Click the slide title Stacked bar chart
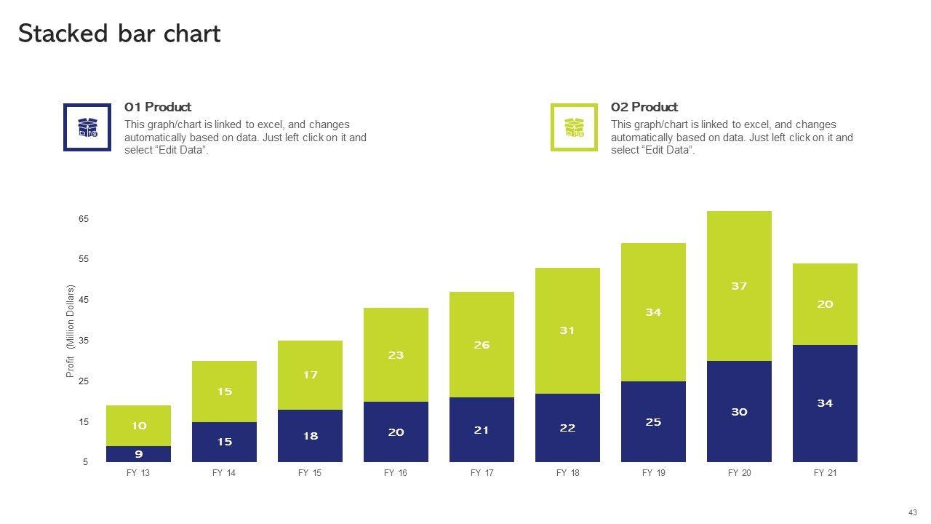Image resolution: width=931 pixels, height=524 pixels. pyautogui.click(x=119, y=34)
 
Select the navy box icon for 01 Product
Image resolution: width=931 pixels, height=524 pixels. pyautogui.click(x=87, y=127)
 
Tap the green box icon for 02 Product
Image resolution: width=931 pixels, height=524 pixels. pyautogui.click(x=574, y=127)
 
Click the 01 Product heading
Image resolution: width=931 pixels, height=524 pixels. pyautogui.click(x=158, y=107)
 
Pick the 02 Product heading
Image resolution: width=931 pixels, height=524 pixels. pyautogui.click(x=644, y=107)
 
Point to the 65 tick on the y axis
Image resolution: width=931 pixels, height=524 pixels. pyautogui.click(x=84, y=219)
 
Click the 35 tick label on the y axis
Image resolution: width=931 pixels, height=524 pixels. pyautogui.click(x=84, y=341)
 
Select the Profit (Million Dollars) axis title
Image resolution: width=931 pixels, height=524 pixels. pyautogui.click(x=71, y=331)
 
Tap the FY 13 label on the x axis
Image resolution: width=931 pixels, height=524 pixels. pyautogui.click(x=138, y=473)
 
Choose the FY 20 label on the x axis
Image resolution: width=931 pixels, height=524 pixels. pyautogui.click(x=739, y=473)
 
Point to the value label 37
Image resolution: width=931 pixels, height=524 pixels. pyautogui.click(x=739, y=286)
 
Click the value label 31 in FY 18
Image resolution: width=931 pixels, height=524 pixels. pyautogui.click(x=567, y=330)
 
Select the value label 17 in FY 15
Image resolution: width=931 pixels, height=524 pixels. pyautogui.click(x=311, y=375)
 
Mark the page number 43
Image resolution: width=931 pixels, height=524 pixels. pyautogui.click(x=913, y=512)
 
